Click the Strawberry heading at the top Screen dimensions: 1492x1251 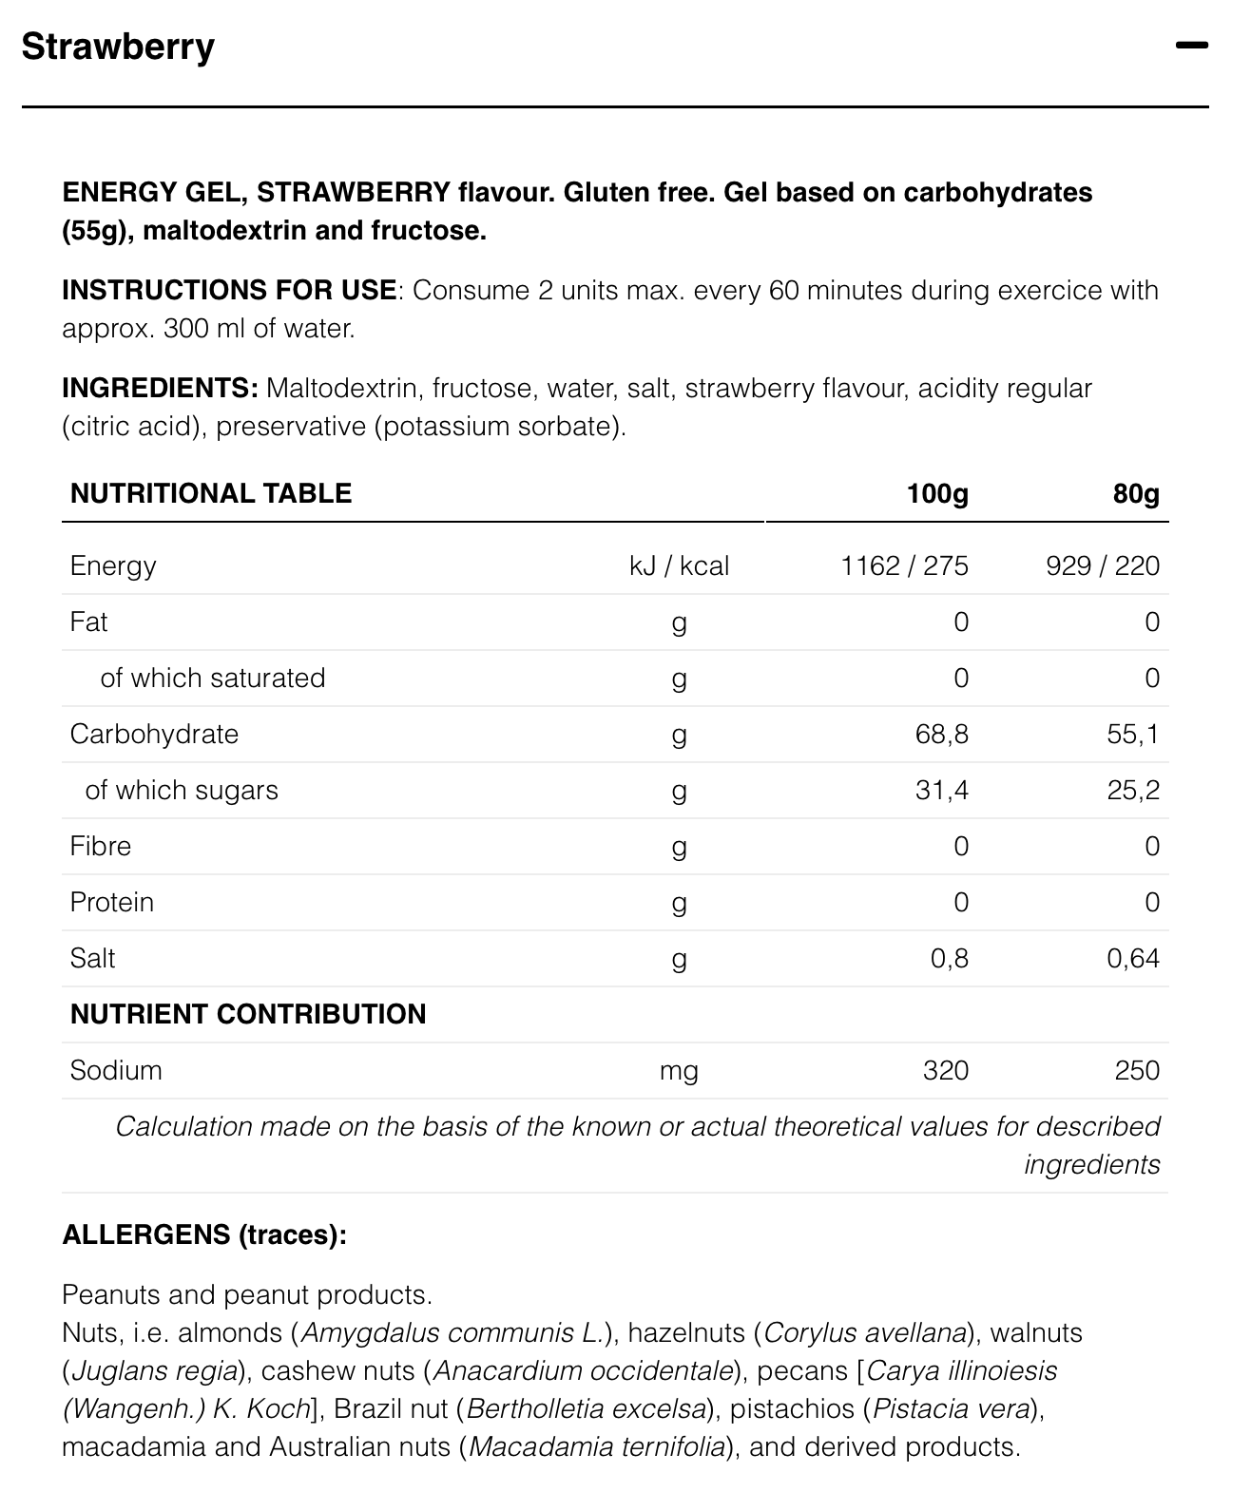coord(118,47)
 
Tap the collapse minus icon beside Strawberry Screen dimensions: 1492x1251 coord(1191,46)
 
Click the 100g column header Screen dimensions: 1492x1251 coord(936,493)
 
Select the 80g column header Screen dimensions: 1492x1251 coord(1136,493)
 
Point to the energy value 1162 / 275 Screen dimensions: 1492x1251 coord(904,566)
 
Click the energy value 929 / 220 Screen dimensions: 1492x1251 coord(1103,566)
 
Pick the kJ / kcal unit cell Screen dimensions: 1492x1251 coord(679,566)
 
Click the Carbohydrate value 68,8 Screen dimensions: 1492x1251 coord(942,734)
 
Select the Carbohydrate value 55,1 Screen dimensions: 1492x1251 coord(1133,734)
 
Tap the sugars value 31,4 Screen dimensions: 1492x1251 coord(942,790)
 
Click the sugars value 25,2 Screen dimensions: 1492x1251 coord(1133,790)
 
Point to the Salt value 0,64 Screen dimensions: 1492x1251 coord(1133,958)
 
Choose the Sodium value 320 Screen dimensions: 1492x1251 coord(945,1070)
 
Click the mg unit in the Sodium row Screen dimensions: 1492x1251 coord(679,1071)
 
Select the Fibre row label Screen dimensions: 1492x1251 coord(100,846)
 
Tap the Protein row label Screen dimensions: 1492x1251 coord(111,902)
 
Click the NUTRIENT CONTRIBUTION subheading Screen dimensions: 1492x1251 coord(248,1014)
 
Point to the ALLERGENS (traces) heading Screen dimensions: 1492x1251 coord(204,1234)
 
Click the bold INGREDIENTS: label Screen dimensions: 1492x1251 coord(160,388)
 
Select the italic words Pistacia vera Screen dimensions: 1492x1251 coord(951,1408)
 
